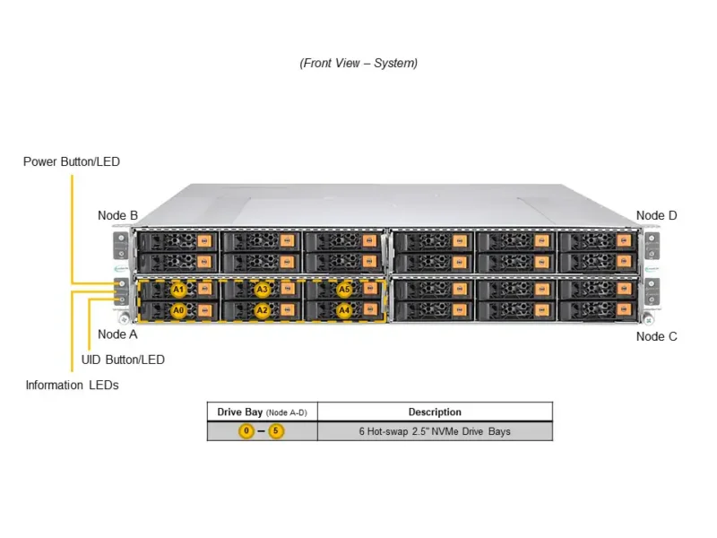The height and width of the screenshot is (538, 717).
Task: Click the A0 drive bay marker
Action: point(178,310)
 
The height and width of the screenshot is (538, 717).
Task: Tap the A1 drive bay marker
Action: point(178,290)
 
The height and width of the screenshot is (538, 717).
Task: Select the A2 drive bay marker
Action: point(262,310)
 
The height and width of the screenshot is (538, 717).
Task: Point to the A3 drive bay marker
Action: point(262,290)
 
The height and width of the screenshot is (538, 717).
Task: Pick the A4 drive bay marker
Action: point(344,310)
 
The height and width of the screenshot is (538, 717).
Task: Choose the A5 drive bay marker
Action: point(344,290)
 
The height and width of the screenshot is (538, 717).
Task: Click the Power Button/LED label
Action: point(71,162)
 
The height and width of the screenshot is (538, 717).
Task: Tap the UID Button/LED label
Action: point(123,360)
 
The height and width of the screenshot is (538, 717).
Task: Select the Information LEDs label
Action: point(72,386)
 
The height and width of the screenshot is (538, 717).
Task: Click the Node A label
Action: point(117,334)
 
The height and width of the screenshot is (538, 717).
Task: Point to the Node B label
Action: point(117,215)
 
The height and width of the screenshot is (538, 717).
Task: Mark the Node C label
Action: point(656,336)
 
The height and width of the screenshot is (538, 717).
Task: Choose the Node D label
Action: point(656,215)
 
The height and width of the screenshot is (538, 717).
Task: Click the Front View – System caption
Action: point(358,63)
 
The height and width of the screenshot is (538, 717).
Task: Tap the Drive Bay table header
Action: point(262,412)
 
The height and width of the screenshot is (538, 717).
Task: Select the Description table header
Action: point(435,412)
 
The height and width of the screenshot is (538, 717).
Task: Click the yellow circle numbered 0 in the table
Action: point(246,431)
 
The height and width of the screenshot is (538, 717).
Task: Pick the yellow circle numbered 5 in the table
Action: point(276,431)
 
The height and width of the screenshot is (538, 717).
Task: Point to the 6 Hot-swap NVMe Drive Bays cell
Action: point(435,431)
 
